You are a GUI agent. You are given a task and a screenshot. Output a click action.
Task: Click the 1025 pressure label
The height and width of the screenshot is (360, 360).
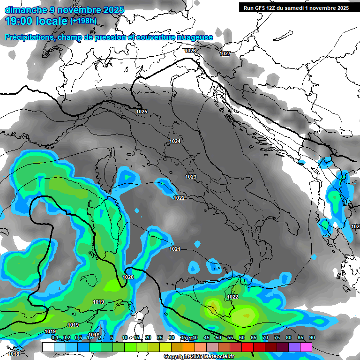[142, 112]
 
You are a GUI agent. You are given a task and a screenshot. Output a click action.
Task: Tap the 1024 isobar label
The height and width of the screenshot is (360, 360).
[175, 141]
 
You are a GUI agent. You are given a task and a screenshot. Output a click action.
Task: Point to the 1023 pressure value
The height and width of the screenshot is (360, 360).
[191, 177]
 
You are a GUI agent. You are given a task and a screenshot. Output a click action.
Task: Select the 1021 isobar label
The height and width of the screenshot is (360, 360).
[175, 249]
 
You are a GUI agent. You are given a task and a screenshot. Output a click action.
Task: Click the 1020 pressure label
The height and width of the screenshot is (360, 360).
[128, 277]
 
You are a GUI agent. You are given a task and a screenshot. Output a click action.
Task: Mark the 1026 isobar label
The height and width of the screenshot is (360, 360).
[190, 51]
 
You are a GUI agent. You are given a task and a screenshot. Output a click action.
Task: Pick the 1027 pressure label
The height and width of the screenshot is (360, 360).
[225, 53]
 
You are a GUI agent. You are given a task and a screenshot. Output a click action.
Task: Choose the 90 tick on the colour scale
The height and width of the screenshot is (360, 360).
[312, 337]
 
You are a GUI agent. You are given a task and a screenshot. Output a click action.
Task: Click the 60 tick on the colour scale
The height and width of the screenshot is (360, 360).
[242, 337]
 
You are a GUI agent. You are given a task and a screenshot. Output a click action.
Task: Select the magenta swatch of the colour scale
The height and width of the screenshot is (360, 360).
[306, 347]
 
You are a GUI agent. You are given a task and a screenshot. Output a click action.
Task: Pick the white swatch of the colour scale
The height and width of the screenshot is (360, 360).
[48, 347]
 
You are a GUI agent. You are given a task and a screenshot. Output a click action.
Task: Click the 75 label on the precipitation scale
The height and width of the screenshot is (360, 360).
[277, 337]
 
